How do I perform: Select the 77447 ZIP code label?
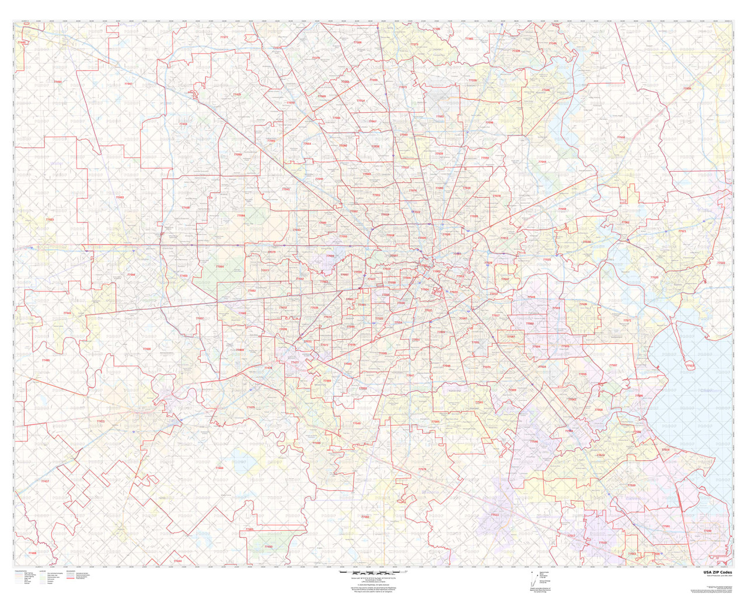coord(128,84)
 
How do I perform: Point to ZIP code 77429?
coord(236,95)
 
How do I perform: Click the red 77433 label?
coord(183,124)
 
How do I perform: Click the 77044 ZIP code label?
coord(542,162)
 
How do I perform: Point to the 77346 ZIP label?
coord(546,90)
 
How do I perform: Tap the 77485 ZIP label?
coord(46,360)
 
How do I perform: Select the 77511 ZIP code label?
coord(495,515)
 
